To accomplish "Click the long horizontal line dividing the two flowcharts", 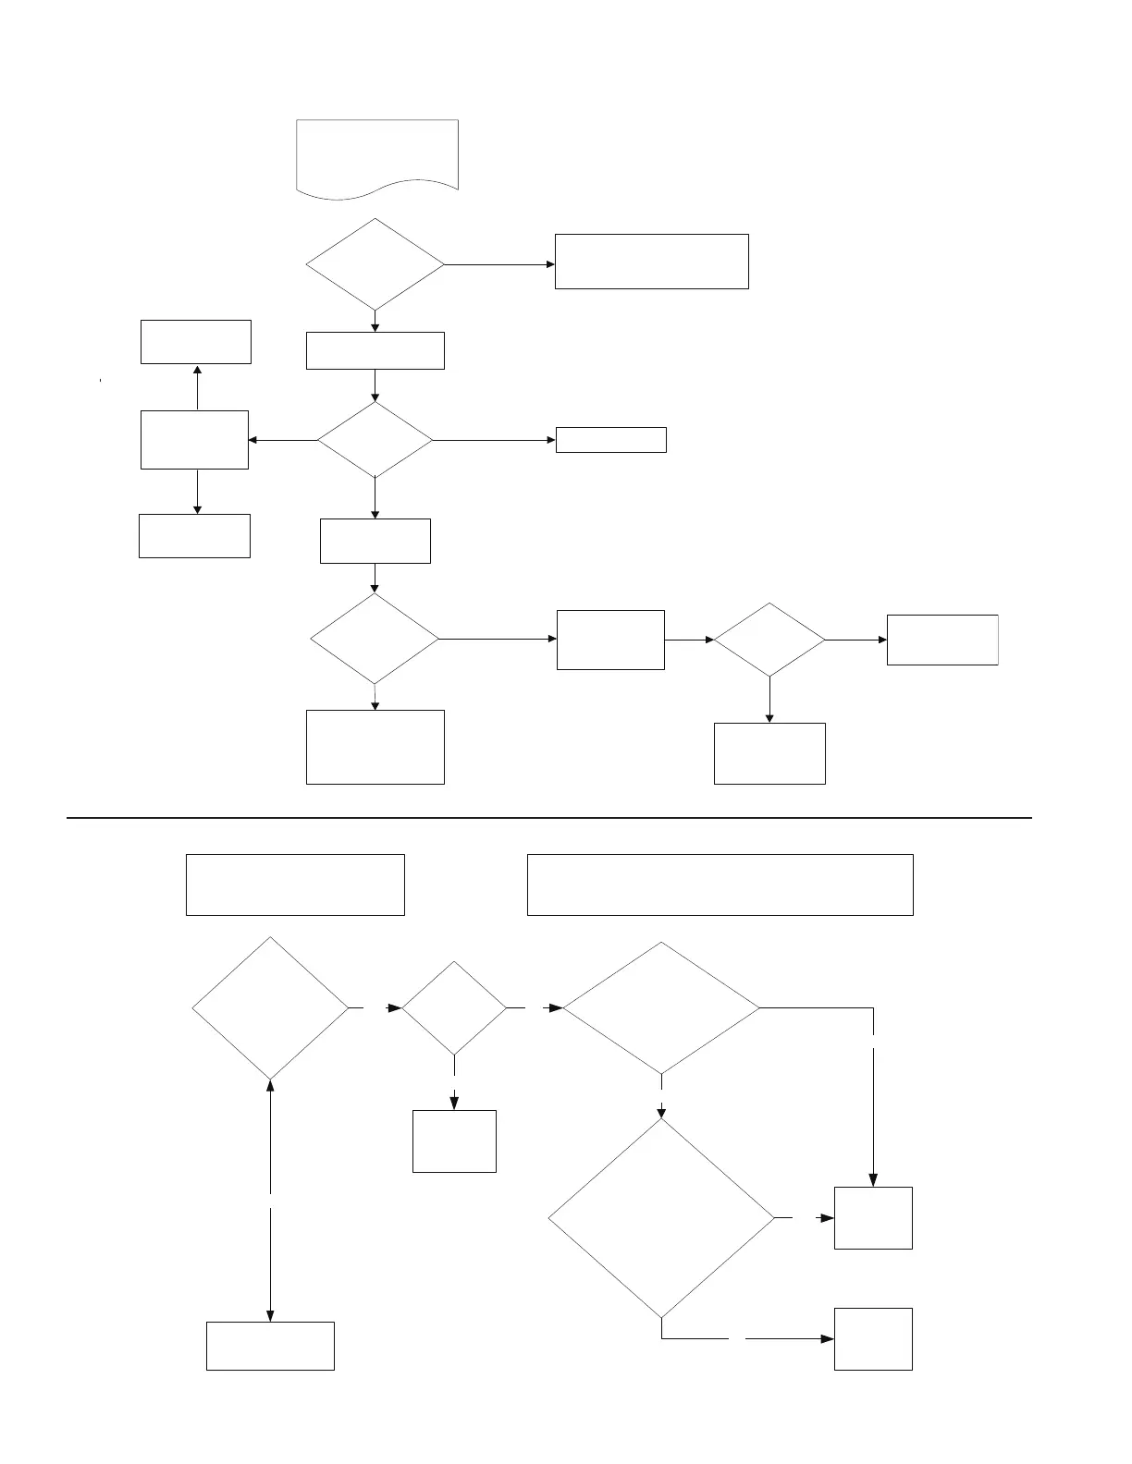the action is coord(549,818).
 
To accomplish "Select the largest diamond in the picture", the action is coord(661,1218).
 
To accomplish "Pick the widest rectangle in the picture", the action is coord(720,884).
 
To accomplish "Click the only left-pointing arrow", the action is coord(282,440).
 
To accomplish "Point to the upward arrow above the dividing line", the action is coord(197,387).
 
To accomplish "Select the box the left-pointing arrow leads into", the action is coord(194,440).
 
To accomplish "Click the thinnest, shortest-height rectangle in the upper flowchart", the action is coord(610,440).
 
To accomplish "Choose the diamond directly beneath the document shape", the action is coord(375,264).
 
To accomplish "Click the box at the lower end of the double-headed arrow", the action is coord(270,1346).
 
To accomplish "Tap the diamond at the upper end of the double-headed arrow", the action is coord(270,1007).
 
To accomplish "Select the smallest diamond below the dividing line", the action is coord(454,1007).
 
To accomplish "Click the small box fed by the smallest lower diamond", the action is coord(454,1141).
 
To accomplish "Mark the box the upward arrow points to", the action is coord(196,342).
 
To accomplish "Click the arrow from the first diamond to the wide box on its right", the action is coord(499,264).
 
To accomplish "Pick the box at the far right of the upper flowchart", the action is coord(942,640).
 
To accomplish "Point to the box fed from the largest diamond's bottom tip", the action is coord(873,1338).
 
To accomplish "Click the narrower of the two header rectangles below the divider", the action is coord(295,884).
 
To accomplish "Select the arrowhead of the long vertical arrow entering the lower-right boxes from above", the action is coord(873,1180).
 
